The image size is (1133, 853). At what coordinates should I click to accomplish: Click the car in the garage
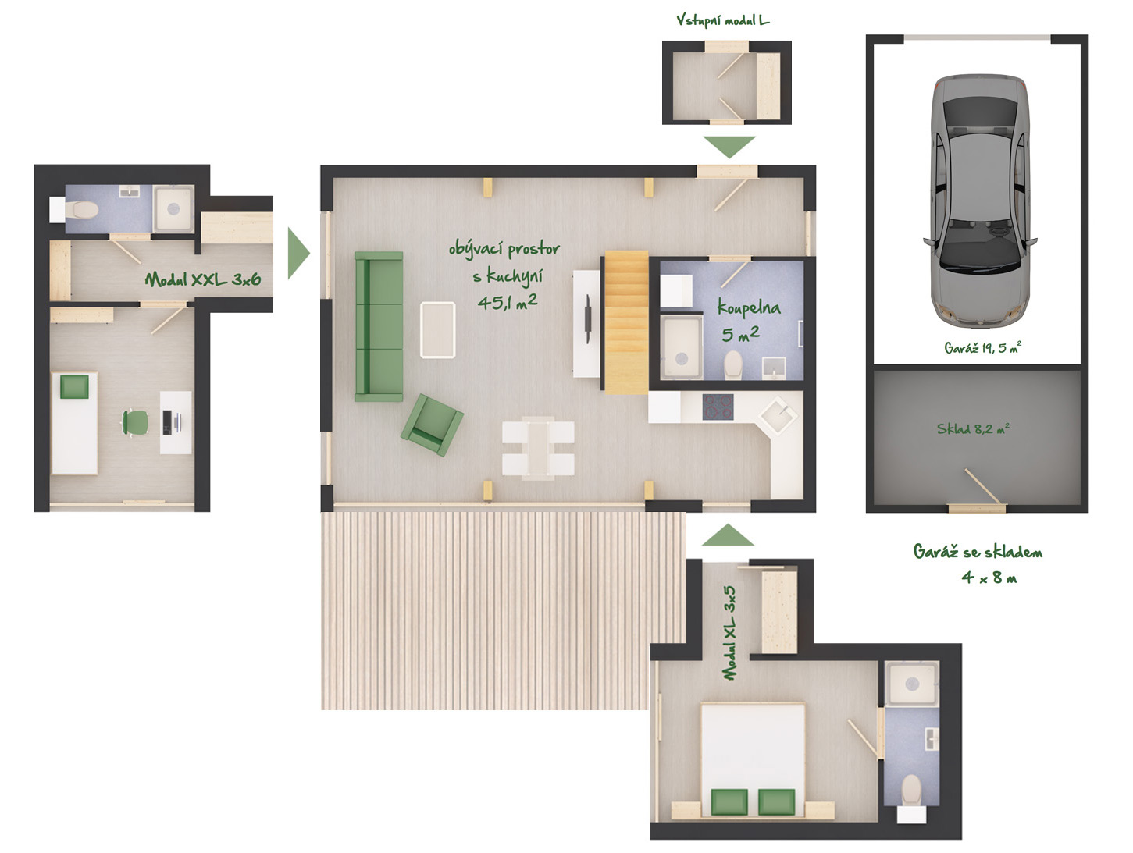click(979, 201)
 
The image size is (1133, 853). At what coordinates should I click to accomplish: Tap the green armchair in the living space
click(432, 425)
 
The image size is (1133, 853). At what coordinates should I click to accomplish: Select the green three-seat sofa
click(379, 326)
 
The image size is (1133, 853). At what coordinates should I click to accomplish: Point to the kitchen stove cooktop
click(718, 407)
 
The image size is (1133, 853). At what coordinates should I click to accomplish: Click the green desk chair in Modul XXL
click(134, 423)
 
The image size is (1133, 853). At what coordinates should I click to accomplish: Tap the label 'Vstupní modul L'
click(722, 20)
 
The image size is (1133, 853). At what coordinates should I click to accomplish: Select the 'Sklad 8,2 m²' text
click(973, 428)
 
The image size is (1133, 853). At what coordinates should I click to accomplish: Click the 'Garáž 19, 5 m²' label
click(982, 347)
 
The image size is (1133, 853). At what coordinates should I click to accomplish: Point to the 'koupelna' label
click(749, 308)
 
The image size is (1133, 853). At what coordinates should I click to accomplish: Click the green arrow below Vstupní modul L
click(729, 147)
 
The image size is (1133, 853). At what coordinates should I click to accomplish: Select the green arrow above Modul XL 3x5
click(728, 535)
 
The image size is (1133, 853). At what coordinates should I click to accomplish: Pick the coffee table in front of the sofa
click(438, 330)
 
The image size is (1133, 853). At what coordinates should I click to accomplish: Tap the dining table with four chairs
click(538, 448)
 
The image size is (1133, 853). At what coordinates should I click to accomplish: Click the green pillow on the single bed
click(74, 387)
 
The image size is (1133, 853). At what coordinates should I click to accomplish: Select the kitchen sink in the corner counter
click(778, 416)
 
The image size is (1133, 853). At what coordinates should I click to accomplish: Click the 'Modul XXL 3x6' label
click(203, 280)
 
